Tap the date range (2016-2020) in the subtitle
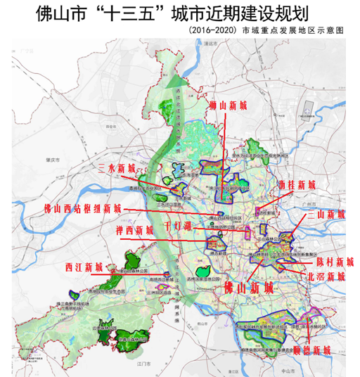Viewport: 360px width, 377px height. coord(216,32)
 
